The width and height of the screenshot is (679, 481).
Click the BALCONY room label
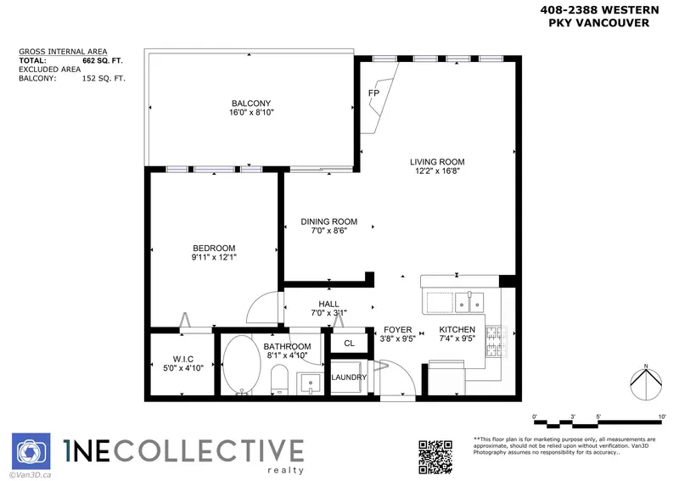[250, 103]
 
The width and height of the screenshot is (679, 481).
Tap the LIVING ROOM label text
[437, 162]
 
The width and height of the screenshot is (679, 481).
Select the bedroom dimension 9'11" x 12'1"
[214, 259]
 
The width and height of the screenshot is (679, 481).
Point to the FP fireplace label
[373, 92]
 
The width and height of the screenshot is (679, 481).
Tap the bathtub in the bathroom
[241, 365]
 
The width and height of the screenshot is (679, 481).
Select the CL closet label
[349, 344]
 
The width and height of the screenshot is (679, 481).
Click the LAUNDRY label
[349, 378]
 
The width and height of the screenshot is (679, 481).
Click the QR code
[438, 456]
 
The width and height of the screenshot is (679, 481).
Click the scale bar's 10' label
[661, 417]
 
